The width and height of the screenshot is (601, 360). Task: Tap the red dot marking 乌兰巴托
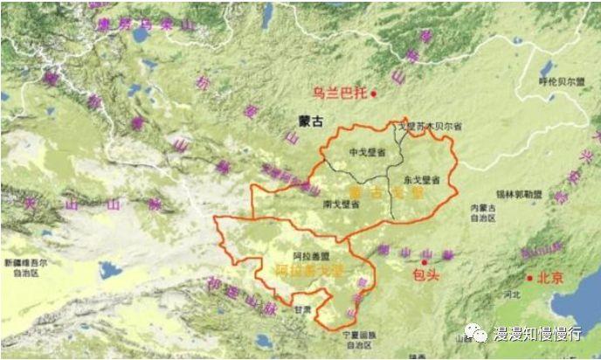pyautogui.click(x=374, y=93)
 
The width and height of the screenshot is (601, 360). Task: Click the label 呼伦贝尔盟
pyautogui.click(x=561, y=81)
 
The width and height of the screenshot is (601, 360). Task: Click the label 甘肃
pyautogui.click(x=302, y=309)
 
